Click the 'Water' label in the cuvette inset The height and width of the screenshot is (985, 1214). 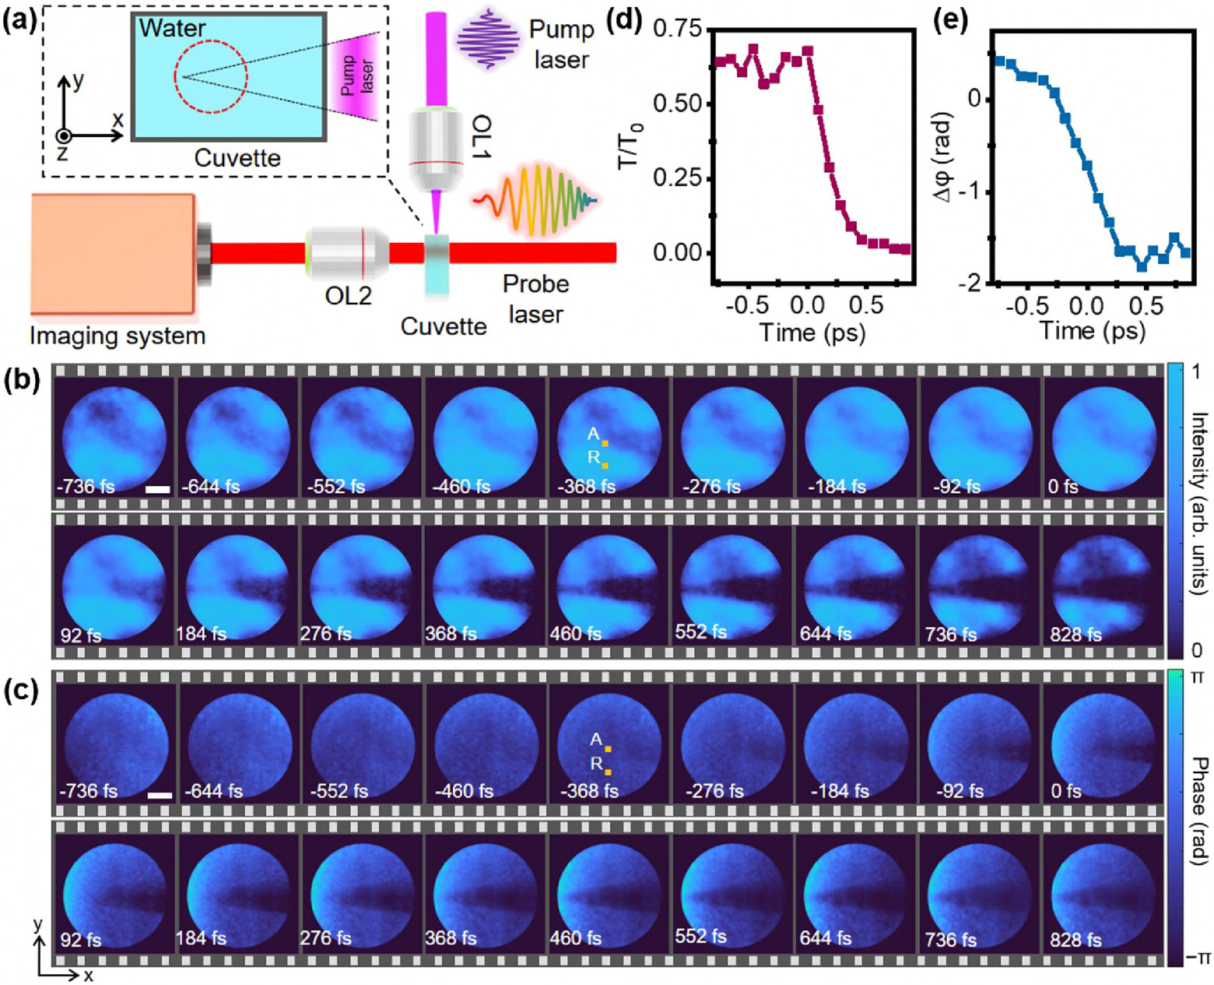click(172, 29)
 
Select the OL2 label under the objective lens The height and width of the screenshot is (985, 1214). click(348, 297)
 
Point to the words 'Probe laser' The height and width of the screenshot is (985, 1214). click(535, 298)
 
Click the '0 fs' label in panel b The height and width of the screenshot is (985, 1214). click(1063, 487)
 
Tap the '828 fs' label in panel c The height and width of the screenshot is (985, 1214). click(1076, 940)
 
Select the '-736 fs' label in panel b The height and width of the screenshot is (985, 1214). click(86, 487)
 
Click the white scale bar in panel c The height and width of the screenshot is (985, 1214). click(160, 795)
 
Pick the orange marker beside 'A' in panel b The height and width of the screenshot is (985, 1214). click(605, 443)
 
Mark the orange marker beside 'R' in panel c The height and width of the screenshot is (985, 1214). click(608, 772)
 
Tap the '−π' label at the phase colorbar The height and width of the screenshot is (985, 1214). click(1198, 955)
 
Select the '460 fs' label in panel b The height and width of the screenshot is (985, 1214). click(575, 634)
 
